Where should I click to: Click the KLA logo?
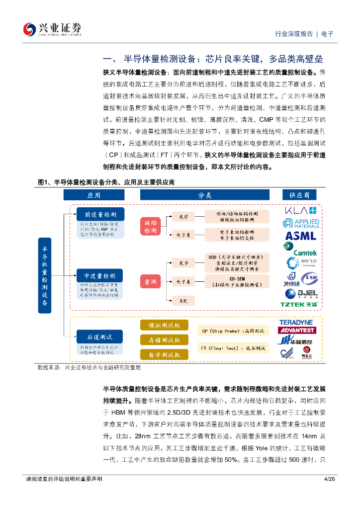tap(300, 210)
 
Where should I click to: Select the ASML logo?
tap(300, 236)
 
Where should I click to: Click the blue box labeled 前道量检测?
tap(100, 214)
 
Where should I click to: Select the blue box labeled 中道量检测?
tap(100, 276)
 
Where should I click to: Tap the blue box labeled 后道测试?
tap(100, 337)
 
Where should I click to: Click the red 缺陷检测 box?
tap(150, 227)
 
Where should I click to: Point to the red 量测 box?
tap(150, 282)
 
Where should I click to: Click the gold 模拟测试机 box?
tap(165, 325)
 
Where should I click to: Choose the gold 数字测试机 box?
tap(165, 354)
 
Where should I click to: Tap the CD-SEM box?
tap(237, 282)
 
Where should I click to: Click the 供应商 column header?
tap(300, 195)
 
